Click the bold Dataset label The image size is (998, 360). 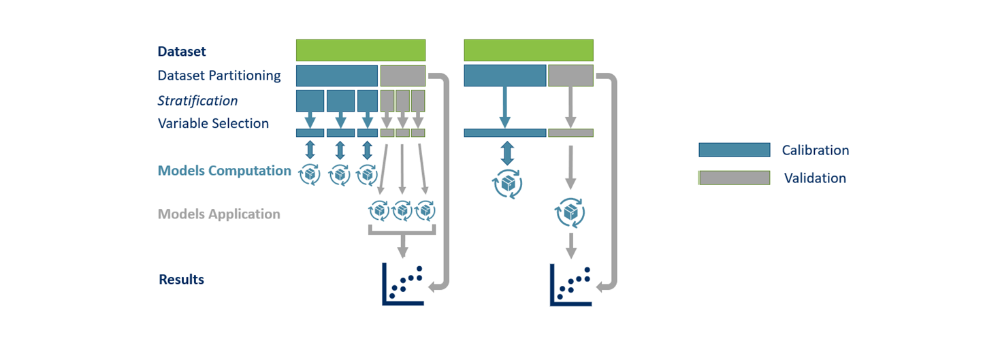(x=182, y=52)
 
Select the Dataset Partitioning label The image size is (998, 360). (x=219, y=76)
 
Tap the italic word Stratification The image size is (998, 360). (x=198, y=101)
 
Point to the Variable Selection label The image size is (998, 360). (x=213, y=124)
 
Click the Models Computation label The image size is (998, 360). (x=224, y=171)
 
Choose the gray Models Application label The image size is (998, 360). (x=219, y=214)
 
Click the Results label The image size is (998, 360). (x=181, y=280)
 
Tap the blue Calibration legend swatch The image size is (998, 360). (x=734, y=150)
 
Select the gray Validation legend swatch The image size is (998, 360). (x=734, y=178)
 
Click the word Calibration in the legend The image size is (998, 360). (x=815, y=150)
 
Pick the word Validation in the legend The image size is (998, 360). (x=815, y=178)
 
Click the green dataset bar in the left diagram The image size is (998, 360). (x=361, y=50)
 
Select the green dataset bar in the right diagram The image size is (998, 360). (x=528, y=50)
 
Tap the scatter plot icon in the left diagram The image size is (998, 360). (x=403, y=284)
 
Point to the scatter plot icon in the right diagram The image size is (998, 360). (x=570, y=284)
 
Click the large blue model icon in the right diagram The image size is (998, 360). (x=507, y=184)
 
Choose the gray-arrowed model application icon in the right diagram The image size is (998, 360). (x=570, y=213)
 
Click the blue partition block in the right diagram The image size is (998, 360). (x=505, y=76)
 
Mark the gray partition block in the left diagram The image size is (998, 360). (x=403, y=76)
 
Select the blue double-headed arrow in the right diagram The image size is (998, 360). (x=506, y=153)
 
